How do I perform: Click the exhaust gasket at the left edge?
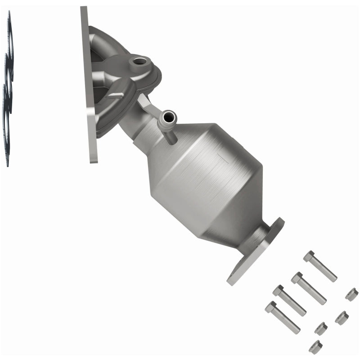(8, 90)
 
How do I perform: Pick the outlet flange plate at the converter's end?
(256, 252)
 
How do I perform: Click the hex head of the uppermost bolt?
(309, 256)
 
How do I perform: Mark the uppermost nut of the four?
(351, 294)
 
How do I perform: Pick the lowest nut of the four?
(315, 346)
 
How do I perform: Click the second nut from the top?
(342, 318)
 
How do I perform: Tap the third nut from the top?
(320, 328)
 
